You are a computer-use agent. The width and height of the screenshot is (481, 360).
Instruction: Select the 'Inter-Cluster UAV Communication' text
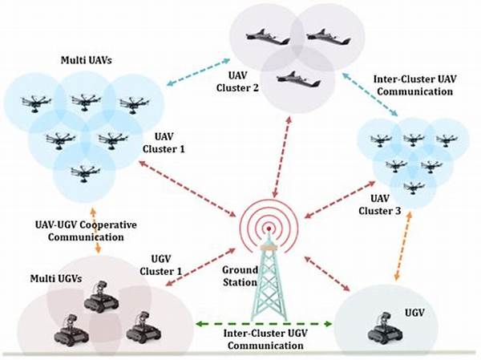414,87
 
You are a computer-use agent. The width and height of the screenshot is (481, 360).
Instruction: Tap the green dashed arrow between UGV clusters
264,325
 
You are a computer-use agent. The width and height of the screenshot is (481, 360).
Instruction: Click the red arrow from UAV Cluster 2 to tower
274,160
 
